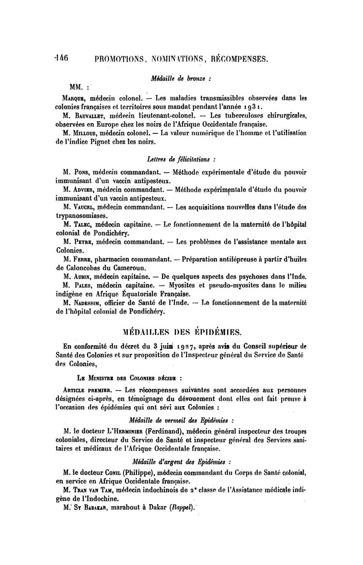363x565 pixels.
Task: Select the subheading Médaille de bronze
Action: click(x=181, y=78)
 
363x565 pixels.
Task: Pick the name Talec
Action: click(x=86, y=224)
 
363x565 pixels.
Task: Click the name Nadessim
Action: click(x=91, y=303)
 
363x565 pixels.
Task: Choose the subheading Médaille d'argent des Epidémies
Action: click(x=181, y=462)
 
